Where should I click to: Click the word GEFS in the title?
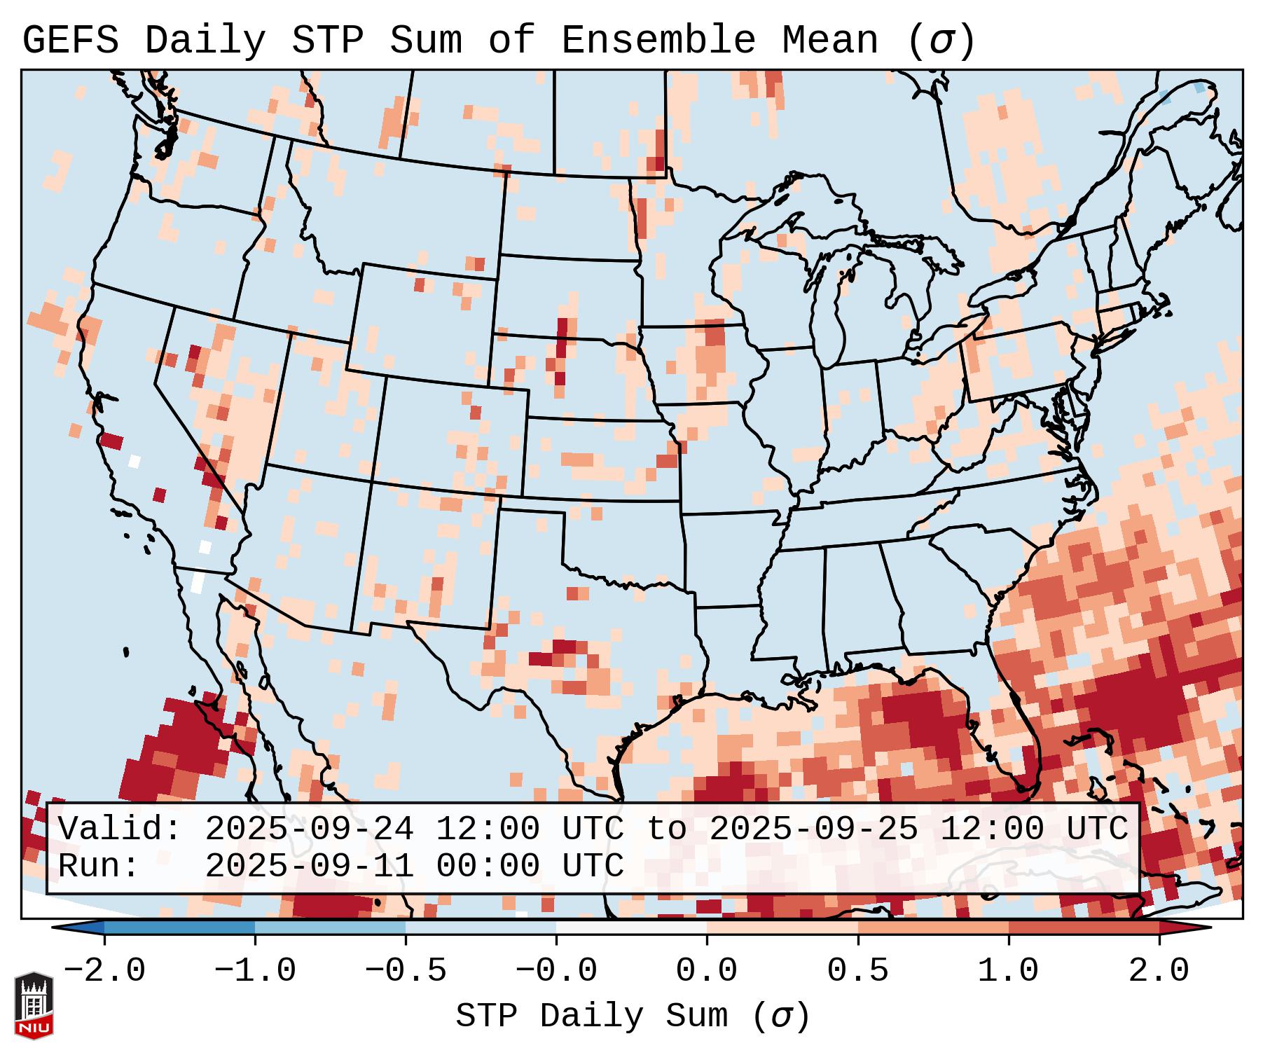tap(70, 41)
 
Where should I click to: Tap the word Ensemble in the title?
tap(658, 41)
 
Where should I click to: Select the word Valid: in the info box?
tap(120, 829)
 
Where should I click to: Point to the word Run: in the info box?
tap(99, 867)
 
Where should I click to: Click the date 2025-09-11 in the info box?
tap(309, 867)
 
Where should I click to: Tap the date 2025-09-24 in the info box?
tap(309, 829)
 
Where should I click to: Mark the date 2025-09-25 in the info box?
tap(813, 829)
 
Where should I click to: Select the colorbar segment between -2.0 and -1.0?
tap(179, 928)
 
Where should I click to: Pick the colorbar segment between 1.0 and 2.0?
tap(1084, 928)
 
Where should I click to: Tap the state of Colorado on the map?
tap(452, 435)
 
